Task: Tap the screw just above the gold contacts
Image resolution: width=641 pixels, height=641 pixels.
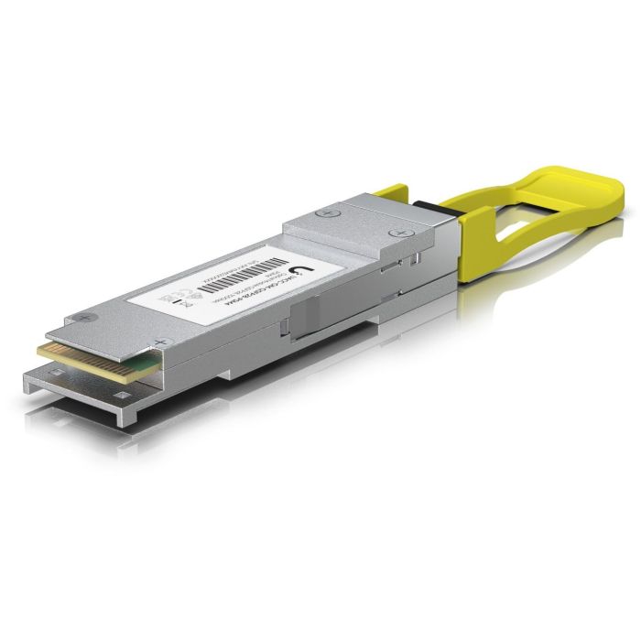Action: point(163,342)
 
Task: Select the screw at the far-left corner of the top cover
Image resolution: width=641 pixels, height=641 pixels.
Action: point(84,317)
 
